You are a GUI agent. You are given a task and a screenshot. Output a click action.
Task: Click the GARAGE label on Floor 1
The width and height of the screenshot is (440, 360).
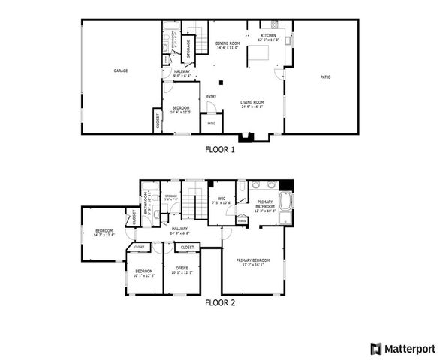tap(120, 70)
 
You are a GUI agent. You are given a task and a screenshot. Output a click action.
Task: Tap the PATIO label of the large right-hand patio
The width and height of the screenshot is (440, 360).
tap(325, 76)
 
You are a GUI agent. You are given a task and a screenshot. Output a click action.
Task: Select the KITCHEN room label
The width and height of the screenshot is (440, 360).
tap(268, 35)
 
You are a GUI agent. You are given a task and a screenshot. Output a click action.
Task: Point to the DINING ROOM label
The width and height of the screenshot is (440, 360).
tap(227, 43)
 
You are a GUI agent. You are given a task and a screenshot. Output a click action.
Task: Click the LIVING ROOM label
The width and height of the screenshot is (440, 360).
tap(252, 102)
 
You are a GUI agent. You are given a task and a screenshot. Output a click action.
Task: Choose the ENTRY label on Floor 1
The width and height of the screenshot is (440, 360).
tap(211, 95)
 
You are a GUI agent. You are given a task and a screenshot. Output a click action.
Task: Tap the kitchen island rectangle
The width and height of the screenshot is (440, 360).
tap(259, 54)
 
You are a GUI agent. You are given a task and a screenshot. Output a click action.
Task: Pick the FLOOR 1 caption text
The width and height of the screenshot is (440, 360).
tap(220, 149)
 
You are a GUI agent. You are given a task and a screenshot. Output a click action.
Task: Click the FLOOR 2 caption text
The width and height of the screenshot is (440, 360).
tap(220, 303)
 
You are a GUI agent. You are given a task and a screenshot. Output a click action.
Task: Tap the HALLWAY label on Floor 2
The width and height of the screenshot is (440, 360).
tap(179, 229)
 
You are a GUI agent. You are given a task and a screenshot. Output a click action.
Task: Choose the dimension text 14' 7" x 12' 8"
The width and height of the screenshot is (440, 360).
tap(104, 235)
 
